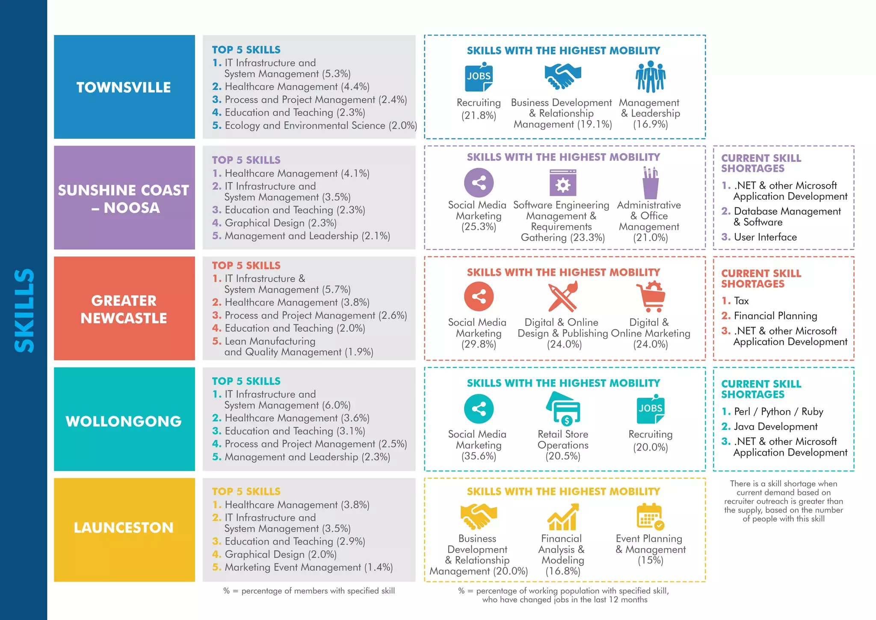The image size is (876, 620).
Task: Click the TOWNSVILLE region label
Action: pyautogui.click(x=124, y=87)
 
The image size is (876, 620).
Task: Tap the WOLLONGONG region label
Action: pyautogui.click(x=124, y=421)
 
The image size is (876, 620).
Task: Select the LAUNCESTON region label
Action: pyautogui.click(x=124, y=528)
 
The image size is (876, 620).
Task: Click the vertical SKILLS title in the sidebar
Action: pyautogui.click(x=24, y=310)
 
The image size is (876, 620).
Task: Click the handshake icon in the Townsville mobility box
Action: pyautogui.click(x=562, y=76)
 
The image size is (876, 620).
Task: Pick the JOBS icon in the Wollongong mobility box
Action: pyautogui.click(x=650, y=409)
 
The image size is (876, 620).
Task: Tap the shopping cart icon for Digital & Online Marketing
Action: pyautogui.click(x=651, y=296)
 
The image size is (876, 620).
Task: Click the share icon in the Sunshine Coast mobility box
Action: pyautogui.click(x=479, y=183)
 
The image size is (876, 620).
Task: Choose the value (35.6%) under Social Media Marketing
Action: pyautogui.click(x=479, y=456)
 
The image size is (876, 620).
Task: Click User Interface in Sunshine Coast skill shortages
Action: pyautogui.click(x=765, y=237)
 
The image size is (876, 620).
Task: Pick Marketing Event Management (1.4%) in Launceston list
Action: pyautogui.click(x=308, y=567)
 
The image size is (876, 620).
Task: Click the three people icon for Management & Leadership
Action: pyautogui.click(x=650, y=77)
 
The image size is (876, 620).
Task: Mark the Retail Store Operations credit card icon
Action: pyautogui.click(x=563, y=408)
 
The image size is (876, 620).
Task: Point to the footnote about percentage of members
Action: pyautogui.click(x=309, y=591)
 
